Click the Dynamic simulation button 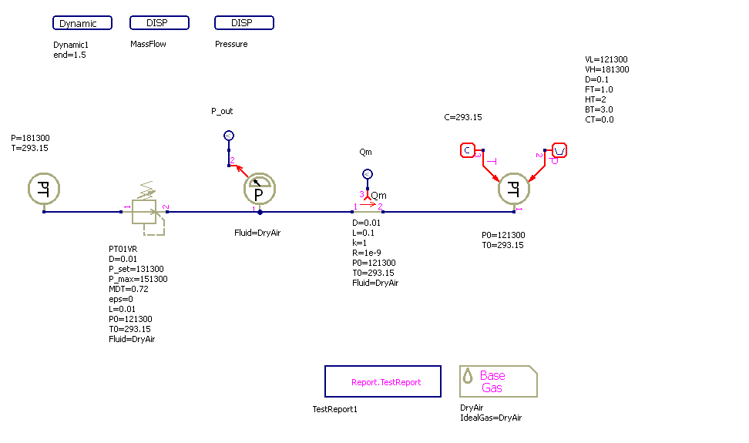click(82, 23)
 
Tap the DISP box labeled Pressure click(244, 23)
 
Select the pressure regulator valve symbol click(146, 210)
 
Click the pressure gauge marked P click(260, 189)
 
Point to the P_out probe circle click(228, 136)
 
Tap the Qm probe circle click(368, 174)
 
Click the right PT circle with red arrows click(514, 189)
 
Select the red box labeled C click(469, 149)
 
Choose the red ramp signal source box click(560, 149)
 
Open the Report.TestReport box click(383, 381)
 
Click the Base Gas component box click(498, 381)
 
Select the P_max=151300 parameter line click(138, 279)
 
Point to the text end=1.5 click(69, 55)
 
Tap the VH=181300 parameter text click(606, 69)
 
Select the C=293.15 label click(462, 118)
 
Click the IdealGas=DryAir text click(490, 418)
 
